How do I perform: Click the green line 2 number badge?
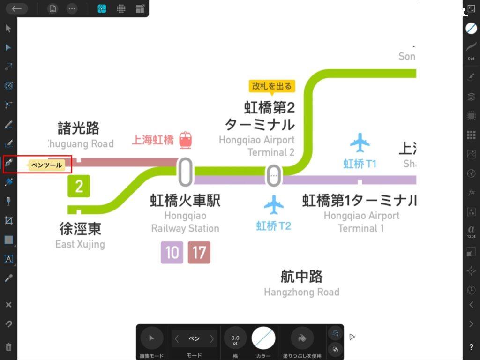(79, 186)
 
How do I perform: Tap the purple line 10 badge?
(172, 253)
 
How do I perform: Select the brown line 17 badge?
(199, 253)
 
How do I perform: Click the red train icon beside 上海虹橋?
(186, 140)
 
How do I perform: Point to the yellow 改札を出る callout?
(272, 86)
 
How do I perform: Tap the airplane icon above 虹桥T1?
(360, 142)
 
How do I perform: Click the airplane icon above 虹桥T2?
(274, 205)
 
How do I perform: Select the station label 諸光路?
(79, 128)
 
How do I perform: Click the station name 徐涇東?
(80, 229)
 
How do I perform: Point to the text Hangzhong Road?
(301, 292)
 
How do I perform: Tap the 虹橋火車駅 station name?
(185, 201)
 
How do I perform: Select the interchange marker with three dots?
(274, 175)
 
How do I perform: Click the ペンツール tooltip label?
(46, 165)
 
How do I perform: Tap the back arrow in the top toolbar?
(17, 8)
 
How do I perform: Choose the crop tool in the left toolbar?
(8, 220)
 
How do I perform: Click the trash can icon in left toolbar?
(8, 347)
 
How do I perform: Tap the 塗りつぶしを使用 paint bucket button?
(302, 337)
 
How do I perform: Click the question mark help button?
(471, 347)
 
